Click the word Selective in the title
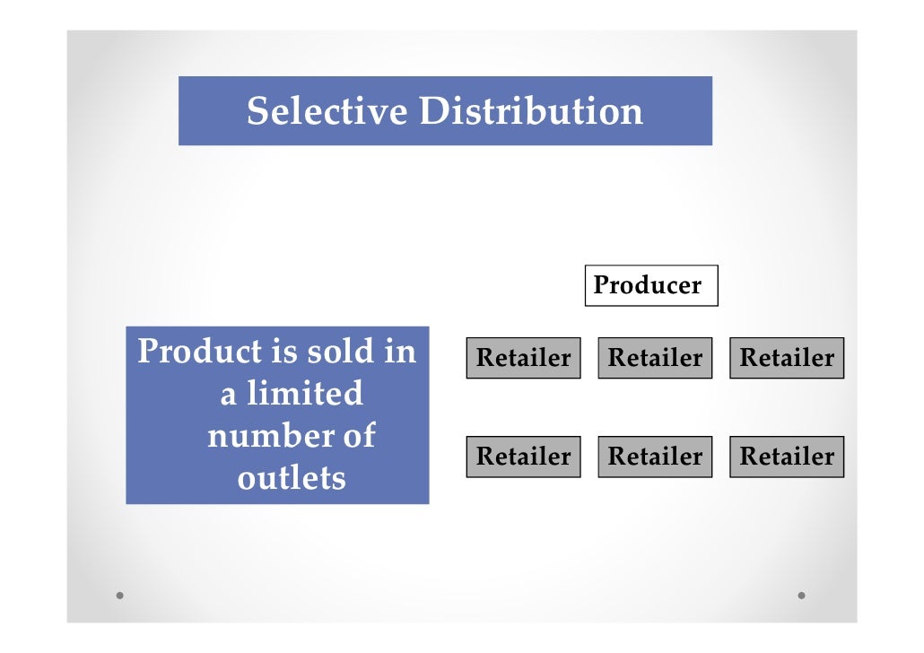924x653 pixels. point(327,111)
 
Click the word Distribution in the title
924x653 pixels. point(531,111)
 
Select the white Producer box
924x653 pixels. point(651,285)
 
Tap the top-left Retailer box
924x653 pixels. point(523,358)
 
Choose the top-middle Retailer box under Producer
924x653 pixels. point(655,358)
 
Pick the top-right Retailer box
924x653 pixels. point(787,358)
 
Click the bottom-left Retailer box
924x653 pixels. point(523,457)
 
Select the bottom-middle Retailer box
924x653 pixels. point(655,457)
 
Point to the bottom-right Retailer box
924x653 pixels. point(787,457)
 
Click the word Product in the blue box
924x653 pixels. point(198,351)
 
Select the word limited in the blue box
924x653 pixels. point(305,394)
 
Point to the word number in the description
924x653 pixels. point(260,436)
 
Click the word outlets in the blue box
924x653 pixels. point(292,478)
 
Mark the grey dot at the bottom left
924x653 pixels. point(120,595)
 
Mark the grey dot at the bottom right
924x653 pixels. point(801,595)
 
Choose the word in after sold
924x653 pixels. point(400,351)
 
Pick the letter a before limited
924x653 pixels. point(229,395)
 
